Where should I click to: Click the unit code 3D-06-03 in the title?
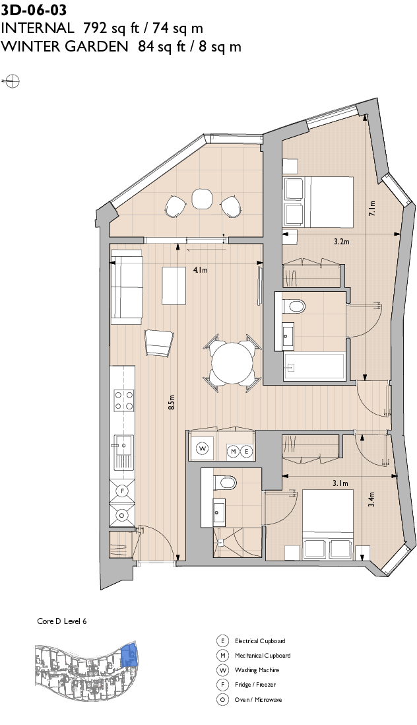pyautogui.click(x=34, y=10)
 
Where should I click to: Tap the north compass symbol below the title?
pyautogui.click(x=12, y=81)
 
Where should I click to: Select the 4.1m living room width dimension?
pyautogui.click(x=200, y=270)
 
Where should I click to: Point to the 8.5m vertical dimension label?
pyautogui.click(x=171, y=402)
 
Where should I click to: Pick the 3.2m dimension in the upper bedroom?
pyautogui.click(x=341, y=242)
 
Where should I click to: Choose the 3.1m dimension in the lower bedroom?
pyautogui.click(x=340, y=483)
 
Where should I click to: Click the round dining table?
pyautogui.click(x=232, y=361)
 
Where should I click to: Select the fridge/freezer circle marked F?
pyautogui.click(x=122, y=491)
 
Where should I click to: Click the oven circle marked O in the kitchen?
pyautogui.click(x=122, y=515)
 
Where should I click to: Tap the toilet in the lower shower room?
pyautogui.click(x=225, y=483)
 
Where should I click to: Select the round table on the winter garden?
pyautogui.click(x=201, y=197)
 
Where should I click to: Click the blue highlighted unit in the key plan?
pyautogui.click(x=129, y=655)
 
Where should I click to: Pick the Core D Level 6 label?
pyautogui.click(x=61, y=621)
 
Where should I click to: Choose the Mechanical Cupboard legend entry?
pyautogui.click(x=262, y=656)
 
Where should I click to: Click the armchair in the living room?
pyautogui.click(x=159, y=342)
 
